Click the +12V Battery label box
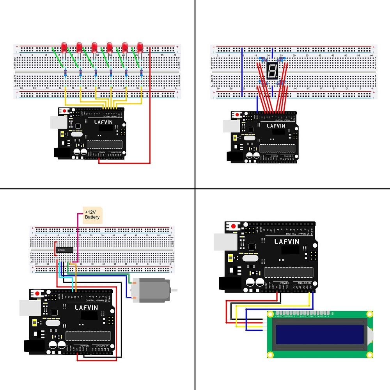pyautogui.click(x=92, y=214)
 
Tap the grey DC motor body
pyautogui.click(x=152, y=291)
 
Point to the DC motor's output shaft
pyautogui.click(x=174, y=291)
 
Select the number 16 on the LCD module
pyautogui.click(x=332, y=314)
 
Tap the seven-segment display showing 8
pyautogui.click(x=271, y=71)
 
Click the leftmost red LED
pyautogui.click(x=64, y=47)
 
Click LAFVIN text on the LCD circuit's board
pyautogui.click(x=287, y=241)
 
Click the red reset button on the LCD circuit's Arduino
pyautogui.click(x=234, y=226)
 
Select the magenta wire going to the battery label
pyautogui.click(x=78, y=238)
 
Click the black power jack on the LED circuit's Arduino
pyautogui.click(x=61, y=153)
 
